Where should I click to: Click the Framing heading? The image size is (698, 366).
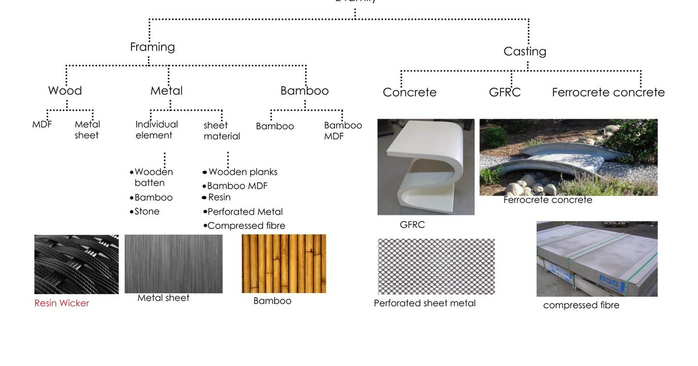[152, 47]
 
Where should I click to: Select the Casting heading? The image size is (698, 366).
[525, 51]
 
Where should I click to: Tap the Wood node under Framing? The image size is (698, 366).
[65, 91]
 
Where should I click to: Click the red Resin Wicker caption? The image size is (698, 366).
[62, 303]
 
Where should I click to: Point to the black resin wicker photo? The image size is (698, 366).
[76, 264]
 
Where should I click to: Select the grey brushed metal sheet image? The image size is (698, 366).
[173, 264]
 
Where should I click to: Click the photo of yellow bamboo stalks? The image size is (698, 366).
[284, 264]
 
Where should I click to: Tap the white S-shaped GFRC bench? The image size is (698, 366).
[425, 167]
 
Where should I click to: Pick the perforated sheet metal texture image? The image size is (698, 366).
[436, 267]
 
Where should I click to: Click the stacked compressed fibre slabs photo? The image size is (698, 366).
[597, 259]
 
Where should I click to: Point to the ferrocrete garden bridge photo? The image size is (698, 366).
[568, 157]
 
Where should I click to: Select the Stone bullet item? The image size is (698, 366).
[147, 211]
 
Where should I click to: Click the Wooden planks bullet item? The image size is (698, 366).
[243, 172]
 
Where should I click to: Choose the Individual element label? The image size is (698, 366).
[156, 130]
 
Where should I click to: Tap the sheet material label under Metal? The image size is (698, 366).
[222, 131]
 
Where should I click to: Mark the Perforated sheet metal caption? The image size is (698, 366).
[425, 303]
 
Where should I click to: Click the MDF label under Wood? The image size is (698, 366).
[42, 124]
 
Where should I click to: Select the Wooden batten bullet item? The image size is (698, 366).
[153, 177]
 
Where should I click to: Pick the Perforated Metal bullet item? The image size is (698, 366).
[245, 211]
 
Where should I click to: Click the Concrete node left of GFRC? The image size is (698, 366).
[409, 92]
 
